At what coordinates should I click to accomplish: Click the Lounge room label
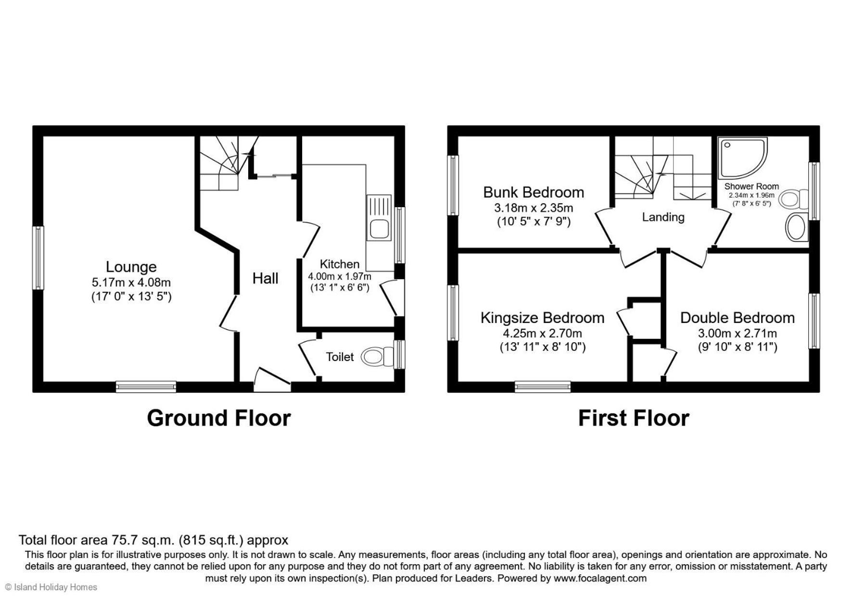point(131,267)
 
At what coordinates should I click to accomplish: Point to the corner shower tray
point(742,158)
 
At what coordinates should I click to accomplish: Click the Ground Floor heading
point(219,418)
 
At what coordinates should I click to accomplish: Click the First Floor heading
point(634,418)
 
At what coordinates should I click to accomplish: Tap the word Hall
point(266,278)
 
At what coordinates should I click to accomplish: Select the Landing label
point(663,217)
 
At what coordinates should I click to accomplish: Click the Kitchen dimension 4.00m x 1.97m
point(340,276)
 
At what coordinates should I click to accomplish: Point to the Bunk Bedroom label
point(534,192)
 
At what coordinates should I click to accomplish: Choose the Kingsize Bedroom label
point(543,318)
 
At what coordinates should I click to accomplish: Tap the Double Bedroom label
point(738,318)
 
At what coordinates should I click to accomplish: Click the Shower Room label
point(751,186)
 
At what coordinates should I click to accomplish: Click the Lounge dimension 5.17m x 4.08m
point(131,283)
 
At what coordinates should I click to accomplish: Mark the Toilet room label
point(340,357)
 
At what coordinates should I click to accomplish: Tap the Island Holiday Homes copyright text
point(51,587)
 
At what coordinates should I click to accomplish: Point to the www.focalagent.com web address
point(600,578)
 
